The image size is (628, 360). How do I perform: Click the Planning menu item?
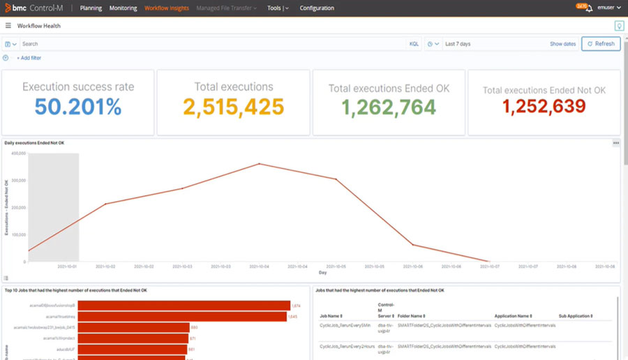click(x=91, y=8)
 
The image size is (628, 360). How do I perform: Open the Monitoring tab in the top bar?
click(x=124, y=8)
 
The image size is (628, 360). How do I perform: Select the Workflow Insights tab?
click(x=167, y=8)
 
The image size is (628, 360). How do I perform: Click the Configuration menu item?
click(x=317, y=8)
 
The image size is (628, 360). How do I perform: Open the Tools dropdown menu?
click(x=278, y=8)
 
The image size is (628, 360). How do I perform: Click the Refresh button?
click(x=601, y=44)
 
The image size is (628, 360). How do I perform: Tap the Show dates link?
click(x=562, y=44)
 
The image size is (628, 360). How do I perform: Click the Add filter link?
click(x=29, y=58)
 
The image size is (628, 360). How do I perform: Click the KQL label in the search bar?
click(x=414, y=44)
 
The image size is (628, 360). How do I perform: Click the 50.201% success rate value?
click(x=78, y=107)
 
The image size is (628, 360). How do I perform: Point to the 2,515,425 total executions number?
click(x=234, y=107)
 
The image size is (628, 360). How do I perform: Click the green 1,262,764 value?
click(x=389, y=107)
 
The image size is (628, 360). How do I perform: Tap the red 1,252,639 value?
click(x=544, y=107)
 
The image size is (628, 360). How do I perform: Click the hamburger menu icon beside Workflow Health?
click(x=8, y=26)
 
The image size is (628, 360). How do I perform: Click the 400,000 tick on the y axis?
click(x=18, y=153)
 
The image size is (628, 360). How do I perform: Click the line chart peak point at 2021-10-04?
click(x=260, y=164)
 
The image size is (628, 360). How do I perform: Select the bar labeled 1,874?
click(x=184, y=306)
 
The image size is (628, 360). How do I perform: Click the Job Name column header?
click(x=331, y=316)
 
